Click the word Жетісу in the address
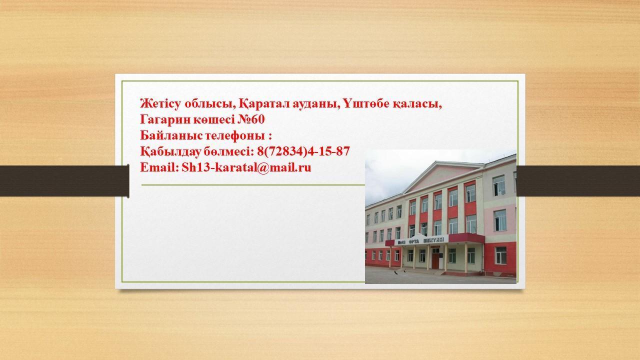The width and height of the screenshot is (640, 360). pos(160,103)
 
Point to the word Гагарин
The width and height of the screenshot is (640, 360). pos(165,119)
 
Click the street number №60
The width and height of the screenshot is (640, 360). pos(251,119)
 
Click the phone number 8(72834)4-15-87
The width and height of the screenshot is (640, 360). pos(303,151)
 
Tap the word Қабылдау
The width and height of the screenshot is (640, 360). pos(170,151)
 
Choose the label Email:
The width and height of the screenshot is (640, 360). pos(159,167)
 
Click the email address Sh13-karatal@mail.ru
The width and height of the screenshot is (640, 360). pos(246,167)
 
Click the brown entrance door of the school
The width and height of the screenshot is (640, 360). pos(435,260)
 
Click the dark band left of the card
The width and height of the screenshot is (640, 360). pos(64,181)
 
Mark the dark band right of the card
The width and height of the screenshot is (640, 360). pos(578,181)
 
